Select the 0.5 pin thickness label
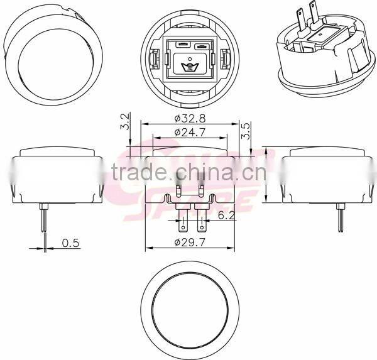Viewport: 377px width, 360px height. click(x=70, y=243)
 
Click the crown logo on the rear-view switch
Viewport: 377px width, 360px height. click(x=187, y=65)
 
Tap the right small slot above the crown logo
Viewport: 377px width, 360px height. click(x=201, y=46)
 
